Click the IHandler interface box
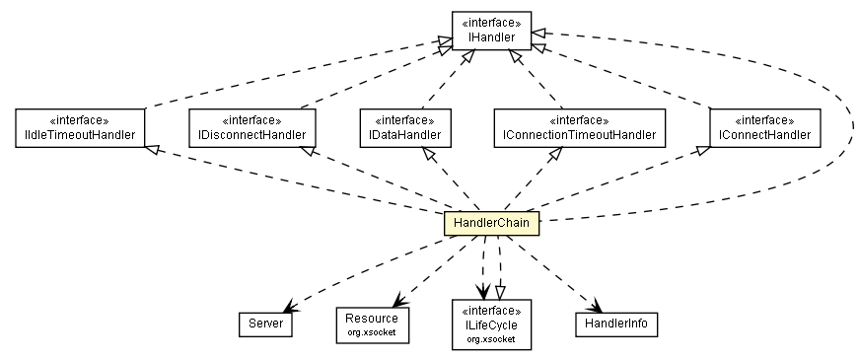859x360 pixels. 491,32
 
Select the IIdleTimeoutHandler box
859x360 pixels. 81,127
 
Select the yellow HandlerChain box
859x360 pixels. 491,224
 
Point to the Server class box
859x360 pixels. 265,323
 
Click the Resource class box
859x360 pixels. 372,323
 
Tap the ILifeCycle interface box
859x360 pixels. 490,324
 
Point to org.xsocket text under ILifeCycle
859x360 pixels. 490,338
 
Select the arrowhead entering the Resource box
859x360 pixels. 393,302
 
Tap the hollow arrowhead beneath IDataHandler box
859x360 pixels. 427,153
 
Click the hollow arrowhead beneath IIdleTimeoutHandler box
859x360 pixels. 151,149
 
